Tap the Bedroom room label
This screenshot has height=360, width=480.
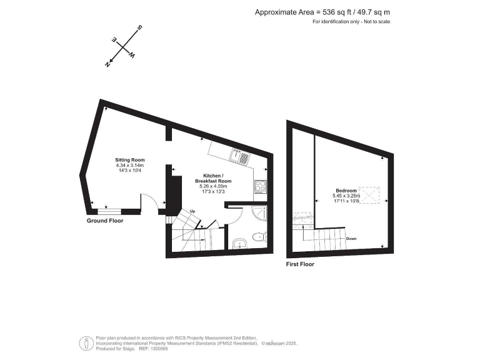(x=346, y=190)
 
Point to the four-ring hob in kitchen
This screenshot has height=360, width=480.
(x=260, y=186)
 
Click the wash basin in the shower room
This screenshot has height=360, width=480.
(x=238, y=244)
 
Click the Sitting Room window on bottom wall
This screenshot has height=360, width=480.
(x=106, y=211)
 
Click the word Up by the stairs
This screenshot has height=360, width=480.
(x=192, y=211)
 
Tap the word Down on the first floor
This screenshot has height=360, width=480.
(x=351, y=238)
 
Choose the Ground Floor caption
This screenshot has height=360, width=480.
(x=105, y=221)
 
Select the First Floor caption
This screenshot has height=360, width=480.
(x=300, y=264)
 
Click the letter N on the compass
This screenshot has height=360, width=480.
(x=108, y=64)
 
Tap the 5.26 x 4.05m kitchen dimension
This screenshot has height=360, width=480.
(x=214, y=186)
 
